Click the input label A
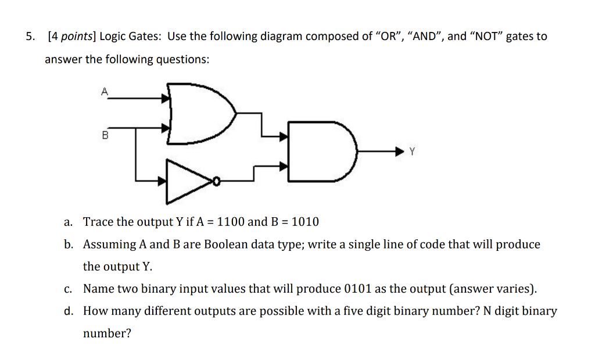(x=105, y=91)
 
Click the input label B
(x=105, y=136)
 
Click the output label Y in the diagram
(x=412, y=152)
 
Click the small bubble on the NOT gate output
(x=216, y=182)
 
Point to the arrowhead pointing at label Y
(x=399, y=152)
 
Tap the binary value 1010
(x=305, y=222)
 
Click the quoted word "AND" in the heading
(x=425, y=37)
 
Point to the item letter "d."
(x=69, y=311)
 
